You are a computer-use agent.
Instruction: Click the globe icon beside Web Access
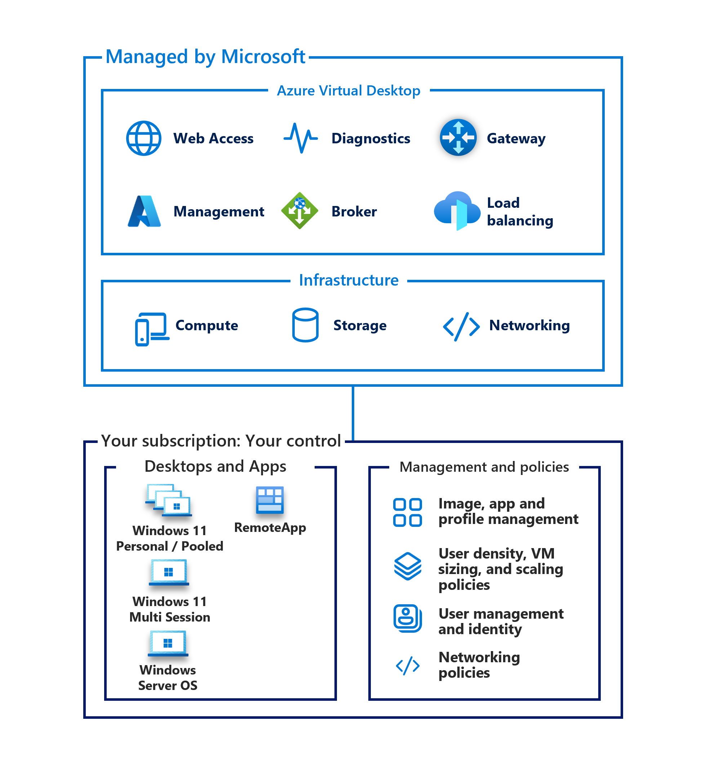(143, 138)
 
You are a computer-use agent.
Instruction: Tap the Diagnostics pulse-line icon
(301, 138)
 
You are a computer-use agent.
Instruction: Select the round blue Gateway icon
(458, 137)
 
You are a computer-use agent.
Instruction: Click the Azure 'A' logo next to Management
(144, 211)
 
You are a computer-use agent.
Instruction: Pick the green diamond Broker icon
(299, 211)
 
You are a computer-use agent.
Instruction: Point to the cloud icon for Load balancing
(457, 211)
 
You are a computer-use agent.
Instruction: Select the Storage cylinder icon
(305, 325)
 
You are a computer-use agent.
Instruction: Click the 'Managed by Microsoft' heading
(205, 57)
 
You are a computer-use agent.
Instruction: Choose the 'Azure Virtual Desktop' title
(348, 91)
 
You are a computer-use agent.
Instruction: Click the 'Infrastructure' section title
(348, 280)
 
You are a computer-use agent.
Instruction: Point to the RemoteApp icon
(270, 500)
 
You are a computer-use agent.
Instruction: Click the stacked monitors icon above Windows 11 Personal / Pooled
(168, 500)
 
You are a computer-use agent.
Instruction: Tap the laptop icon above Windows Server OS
(168, 644)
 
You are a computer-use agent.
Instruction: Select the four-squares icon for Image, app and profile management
(408, 512)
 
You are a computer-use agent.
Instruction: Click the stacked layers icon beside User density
(408, 566)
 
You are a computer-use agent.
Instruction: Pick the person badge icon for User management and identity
(408, 619)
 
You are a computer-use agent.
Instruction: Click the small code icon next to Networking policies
(408, 666)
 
